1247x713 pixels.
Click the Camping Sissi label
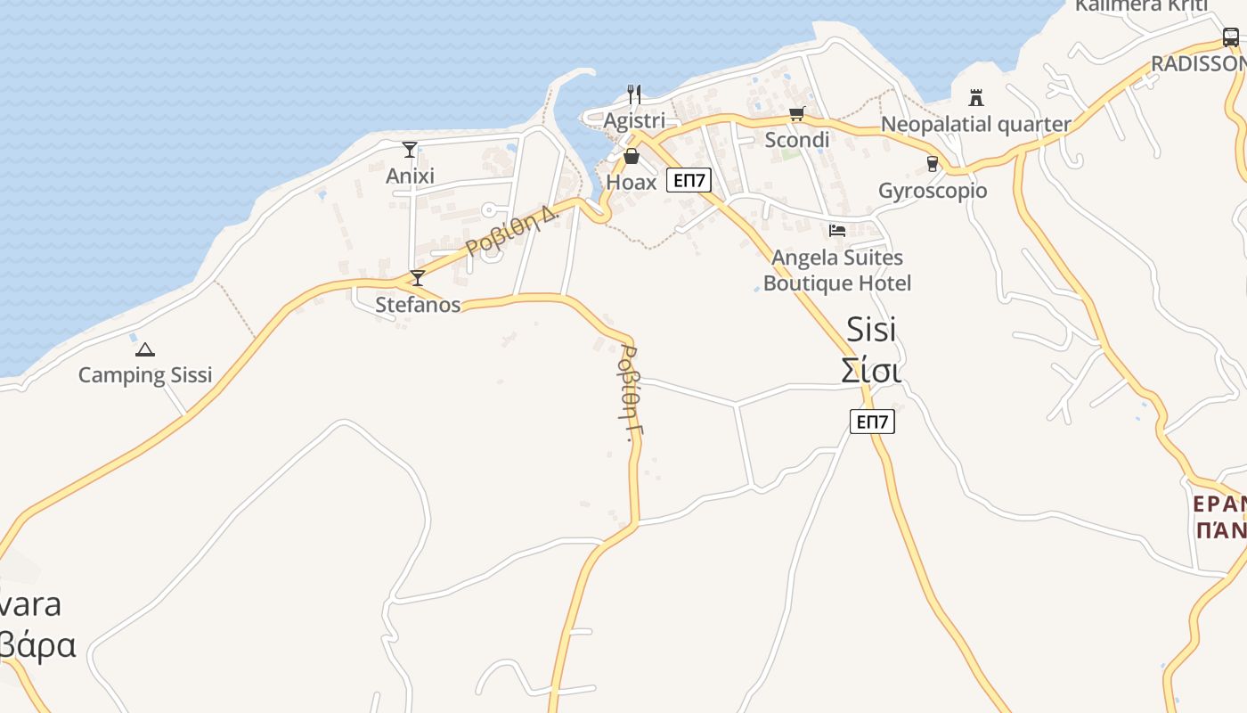coord(145,374)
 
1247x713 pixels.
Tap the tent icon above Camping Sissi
coord(145,350)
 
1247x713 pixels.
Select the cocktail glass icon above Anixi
coord(410,150)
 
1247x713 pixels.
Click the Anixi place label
coord(410,176)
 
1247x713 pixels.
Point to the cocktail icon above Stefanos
coord(417,278)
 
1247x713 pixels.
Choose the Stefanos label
coord(418,305)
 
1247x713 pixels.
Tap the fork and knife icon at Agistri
coord(634,94)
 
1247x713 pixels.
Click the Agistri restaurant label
coord(634,119)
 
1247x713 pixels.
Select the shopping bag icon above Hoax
coord(632,157)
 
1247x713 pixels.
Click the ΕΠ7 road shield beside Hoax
coord(689,181)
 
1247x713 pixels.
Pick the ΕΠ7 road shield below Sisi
coord(872,422)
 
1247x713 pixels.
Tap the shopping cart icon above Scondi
coord(796,114)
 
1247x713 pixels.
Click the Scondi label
coord(797,140)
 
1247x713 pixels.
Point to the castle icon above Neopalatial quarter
coord(976,97)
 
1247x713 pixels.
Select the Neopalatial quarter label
coord(975,124)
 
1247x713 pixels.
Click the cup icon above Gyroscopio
coord(933,164)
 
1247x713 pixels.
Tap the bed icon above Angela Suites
coord(837,231)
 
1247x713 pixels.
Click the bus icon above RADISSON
coord(1230,37)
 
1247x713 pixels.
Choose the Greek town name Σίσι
coord(871,370)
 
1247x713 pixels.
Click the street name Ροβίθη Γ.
coord(630,393)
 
